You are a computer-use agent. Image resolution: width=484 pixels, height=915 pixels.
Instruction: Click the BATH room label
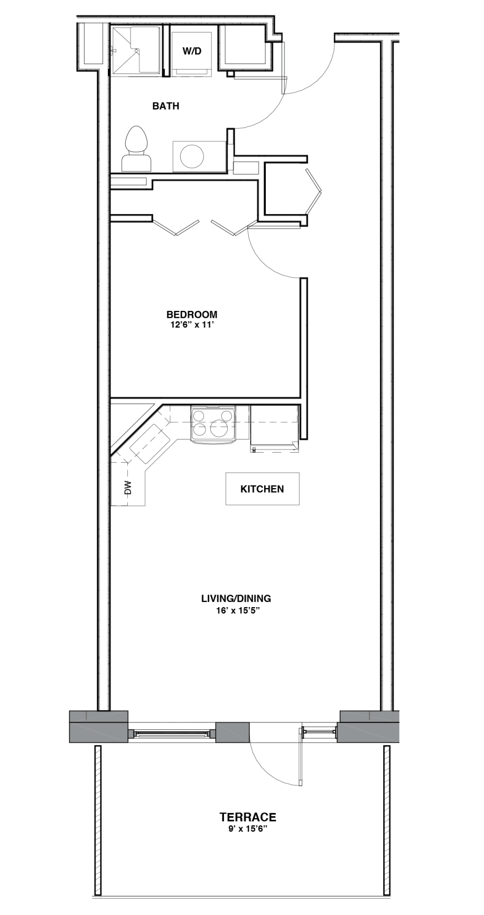click(166, 106)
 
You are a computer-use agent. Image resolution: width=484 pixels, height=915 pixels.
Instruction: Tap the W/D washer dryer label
click(192, 51)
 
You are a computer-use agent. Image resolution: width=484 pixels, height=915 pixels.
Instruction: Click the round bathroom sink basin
click(192, 157)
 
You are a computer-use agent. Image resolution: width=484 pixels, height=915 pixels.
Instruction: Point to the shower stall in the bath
click(135, 50)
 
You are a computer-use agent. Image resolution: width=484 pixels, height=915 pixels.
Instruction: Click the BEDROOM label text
click(192, 315)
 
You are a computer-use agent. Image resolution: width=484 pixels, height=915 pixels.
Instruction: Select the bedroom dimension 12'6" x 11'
click(191, 325)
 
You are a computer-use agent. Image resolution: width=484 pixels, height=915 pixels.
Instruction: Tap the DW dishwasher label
click(127, 488)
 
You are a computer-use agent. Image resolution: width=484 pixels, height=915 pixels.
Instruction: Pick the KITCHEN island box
click(263, 489)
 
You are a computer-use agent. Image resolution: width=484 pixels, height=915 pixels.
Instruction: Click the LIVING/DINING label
click(236, 599)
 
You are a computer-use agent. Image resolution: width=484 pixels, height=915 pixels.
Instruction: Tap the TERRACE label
click(248, 818)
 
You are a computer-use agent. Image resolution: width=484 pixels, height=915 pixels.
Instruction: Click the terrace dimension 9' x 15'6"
click(248, 829)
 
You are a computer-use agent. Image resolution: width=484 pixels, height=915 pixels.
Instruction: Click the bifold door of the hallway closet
click(315, 191)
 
